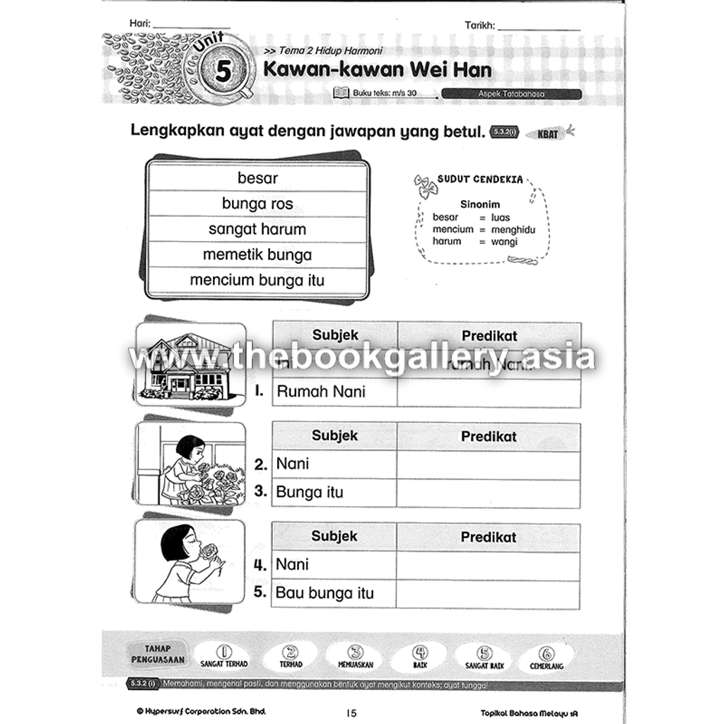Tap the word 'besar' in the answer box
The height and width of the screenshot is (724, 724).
tap(257, 178)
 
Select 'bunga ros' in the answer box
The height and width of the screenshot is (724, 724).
tap(257, 204)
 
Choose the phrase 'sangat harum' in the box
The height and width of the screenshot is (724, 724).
tap(257, 229)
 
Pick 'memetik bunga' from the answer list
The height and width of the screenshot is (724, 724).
tap(257, 255)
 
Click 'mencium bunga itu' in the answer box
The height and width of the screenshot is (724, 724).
tap(257, 280)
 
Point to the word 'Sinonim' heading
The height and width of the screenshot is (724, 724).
tap(480, 204)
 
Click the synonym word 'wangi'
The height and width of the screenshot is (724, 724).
tap(506, 242)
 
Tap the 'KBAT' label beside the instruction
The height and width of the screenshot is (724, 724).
tap(548, 133)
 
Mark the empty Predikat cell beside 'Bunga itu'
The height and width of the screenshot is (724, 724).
tap(489, 492)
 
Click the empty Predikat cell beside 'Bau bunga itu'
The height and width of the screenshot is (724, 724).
tap(489, 593)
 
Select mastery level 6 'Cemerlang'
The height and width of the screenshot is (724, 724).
tap(547, 658)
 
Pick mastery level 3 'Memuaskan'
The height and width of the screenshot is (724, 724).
tap(356, 658)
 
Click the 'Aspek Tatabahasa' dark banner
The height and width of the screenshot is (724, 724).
tap(511, 93)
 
